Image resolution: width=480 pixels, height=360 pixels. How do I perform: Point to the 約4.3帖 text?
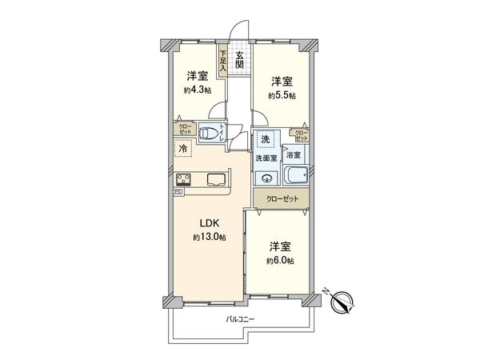point(198,90)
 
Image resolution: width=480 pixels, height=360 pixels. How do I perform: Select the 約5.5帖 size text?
point(281,95)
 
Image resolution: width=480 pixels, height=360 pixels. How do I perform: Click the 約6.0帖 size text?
point(280,261)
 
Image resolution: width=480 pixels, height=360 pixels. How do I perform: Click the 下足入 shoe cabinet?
point(223,62)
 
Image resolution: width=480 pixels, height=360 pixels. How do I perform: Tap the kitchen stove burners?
point(182,179)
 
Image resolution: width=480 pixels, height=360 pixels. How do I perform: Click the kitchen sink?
point(218,179)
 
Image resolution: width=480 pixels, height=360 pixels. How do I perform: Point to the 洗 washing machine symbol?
point(265,140)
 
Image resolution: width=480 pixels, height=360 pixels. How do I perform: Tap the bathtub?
point(296,178)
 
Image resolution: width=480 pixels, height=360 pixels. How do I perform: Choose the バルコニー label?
point(239,318)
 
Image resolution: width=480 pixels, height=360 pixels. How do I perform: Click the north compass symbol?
point(342,302)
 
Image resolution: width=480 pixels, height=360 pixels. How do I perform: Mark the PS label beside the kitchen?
point(178,192)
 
